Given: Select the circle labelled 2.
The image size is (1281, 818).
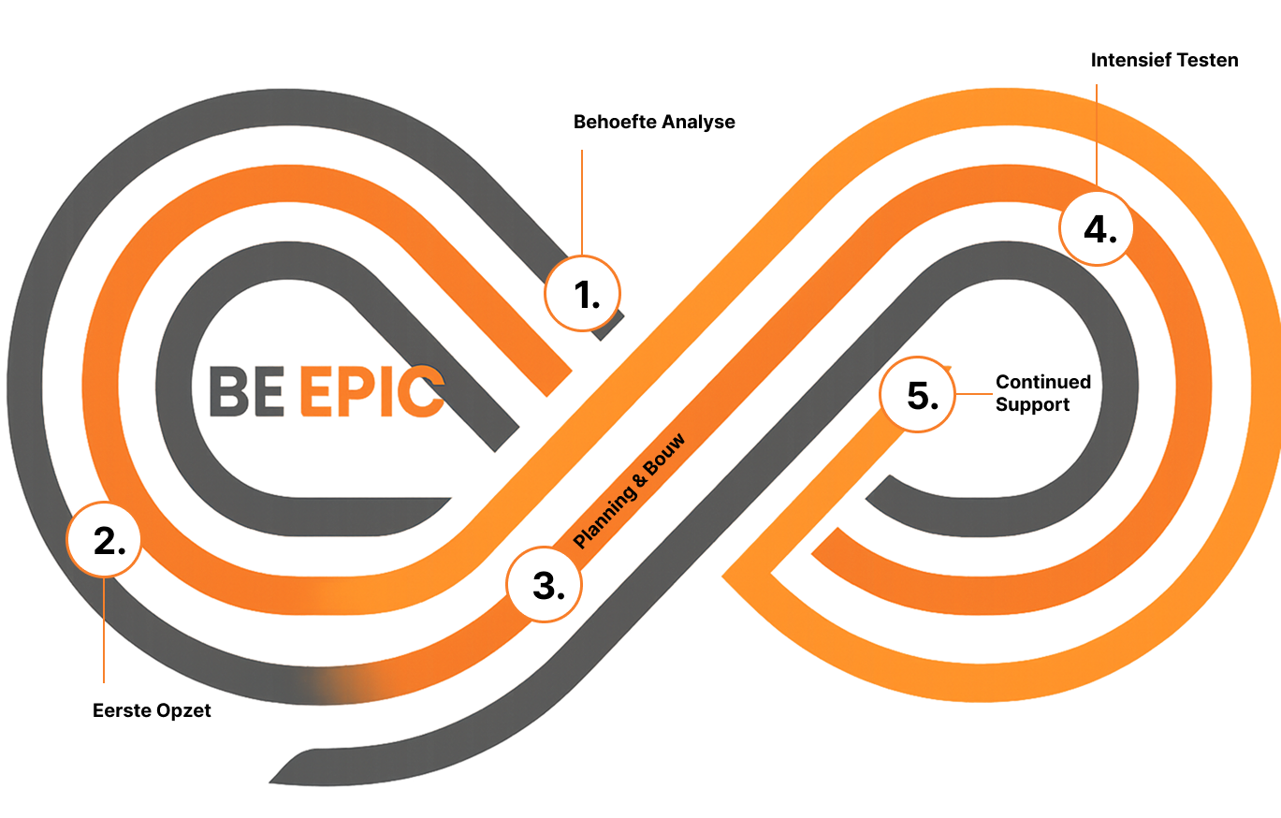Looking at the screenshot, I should pos(104,539).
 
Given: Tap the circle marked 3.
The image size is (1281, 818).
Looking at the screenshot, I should pos(544,585).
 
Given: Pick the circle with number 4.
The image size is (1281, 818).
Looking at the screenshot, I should pos(1096,228).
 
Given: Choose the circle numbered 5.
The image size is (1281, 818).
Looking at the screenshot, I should pos(917,395).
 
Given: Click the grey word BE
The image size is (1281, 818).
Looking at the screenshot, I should pos(245,391).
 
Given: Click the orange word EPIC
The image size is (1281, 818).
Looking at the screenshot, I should pos(371,391).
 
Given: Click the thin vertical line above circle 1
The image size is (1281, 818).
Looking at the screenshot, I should pos(582,201).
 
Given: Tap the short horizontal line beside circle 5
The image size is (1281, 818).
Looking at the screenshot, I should pos(972,394).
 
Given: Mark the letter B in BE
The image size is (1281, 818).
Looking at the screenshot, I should pos(227,391).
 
